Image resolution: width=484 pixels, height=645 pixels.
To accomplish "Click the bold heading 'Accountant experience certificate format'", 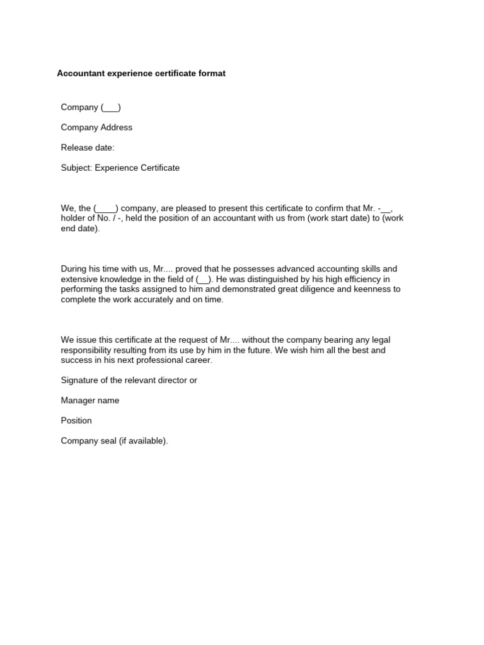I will pyautogui.click(x=141, y=74).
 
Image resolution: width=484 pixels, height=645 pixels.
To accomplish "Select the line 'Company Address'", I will pyautogui.click(x=96, y=127).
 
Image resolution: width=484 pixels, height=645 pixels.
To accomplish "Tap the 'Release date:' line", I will pyautogui.click(x=88, y=147).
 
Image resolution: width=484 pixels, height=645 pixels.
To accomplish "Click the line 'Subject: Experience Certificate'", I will pyautogui.click(x=120, y=168).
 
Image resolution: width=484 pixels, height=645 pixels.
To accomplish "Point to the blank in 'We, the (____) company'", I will pyautogui.click(x=106, y=208).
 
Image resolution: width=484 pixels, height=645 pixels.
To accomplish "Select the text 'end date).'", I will pyautogui.click(x=80, y=229).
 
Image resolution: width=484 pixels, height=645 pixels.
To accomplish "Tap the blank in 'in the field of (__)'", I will pyautogui.click(x=204, y=279).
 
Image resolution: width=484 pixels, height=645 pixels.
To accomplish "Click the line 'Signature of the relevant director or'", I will pyautogui.click(x=129, y=380).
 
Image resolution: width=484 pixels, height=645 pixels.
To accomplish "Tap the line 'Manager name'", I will pyautogui.click(x=90, y=401).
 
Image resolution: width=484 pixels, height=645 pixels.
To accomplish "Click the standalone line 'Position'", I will pyautogui.click(x=76, y=421).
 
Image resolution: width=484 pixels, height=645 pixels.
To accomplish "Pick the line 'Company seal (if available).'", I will pyautogui.click(x=114, y=441).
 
